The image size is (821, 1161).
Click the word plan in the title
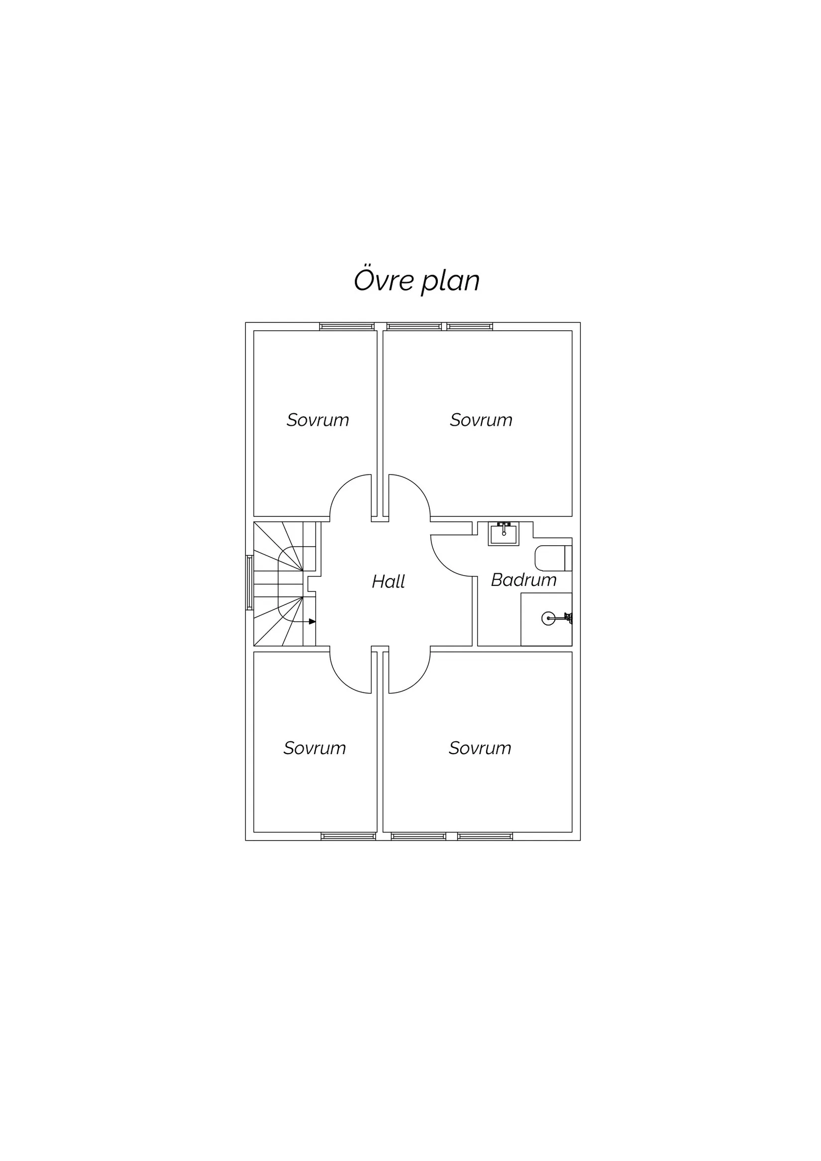coord(450,282)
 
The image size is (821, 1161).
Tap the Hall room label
coord(388,581)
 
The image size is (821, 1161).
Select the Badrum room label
coord(523,580)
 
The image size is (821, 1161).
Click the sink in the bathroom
coord(504,534)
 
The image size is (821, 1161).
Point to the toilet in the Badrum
coord(553,558)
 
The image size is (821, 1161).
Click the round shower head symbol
coord(548,618)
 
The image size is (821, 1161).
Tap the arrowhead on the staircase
coord(312,621)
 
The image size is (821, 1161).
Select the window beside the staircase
coord(249,582)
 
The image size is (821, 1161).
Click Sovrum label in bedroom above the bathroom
coord(481,420)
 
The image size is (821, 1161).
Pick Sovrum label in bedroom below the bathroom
coord(480,748)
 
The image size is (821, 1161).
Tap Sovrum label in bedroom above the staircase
coord(317,420)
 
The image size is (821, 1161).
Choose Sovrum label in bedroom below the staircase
coord(314,748)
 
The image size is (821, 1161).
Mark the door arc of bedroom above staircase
coord(342,486)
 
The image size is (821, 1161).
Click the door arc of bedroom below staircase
coord(342,680)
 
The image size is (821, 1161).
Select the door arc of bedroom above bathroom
coord(418,486)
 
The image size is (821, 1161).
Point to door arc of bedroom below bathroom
coord(418,680)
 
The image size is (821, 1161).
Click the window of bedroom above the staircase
coord(347,327)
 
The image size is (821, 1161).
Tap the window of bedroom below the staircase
coord(348,836)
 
